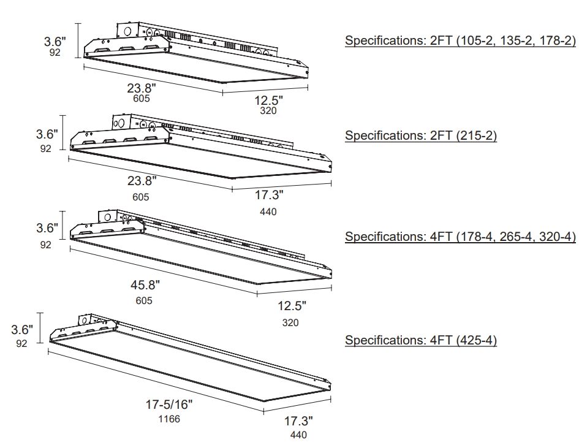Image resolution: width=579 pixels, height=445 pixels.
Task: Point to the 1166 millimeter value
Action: click(170, 420)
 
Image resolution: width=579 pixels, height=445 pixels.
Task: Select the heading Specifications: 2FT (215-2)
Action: click(420, 135)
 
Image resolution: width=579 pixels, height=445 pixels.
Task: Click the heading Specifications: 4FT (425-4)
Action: click(420, 340)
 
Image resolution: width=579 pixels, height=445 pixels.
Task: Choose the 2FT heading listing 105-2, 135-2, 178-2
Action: click(460, 41)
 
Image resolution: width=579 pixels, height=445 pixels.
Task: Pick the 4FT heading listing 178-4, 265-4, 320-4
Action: click(460, 237)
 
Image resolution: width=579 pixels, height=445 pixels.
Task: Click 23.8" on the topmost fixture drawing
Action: click(141, 86)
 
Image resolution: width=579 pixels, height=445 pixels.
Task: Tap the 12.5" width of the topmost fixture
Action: click(268, 100)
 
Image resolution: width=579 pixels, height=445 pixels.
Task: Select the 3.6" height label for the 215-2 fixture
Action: click(47, 134)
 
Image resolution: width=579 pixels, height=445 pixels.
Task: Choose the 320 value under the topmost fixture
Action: click(268, 112)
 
